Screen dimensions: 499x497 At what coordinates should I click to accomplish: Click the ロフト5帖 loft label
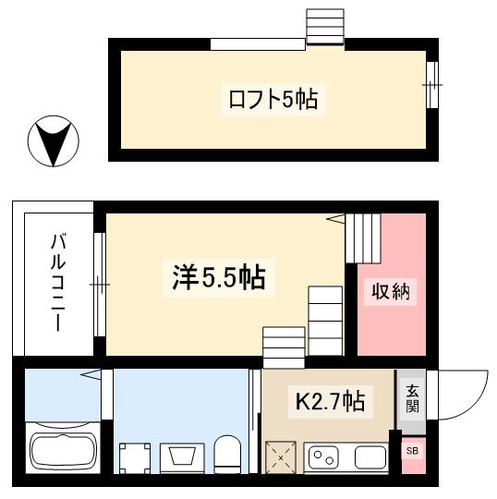(x=273, y=100)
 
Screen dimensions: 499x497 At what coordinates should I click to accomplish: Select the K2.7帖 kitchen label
(x=329, y=401)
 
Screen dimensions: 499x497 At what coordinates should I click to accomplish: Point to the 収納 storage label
(x=390, y=294)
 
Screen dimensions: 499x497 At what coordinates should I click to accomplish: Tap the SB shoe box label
(x=411, y=451)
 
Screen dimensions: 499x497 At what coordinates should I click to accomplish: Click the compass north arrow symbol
(x=54, y=142)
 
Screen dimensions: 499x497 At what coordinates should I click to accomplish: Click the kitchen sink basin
(x=369, y=456)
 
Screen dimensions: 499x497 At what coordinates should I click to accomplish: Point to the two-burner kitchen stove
(x=324, y=456)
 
